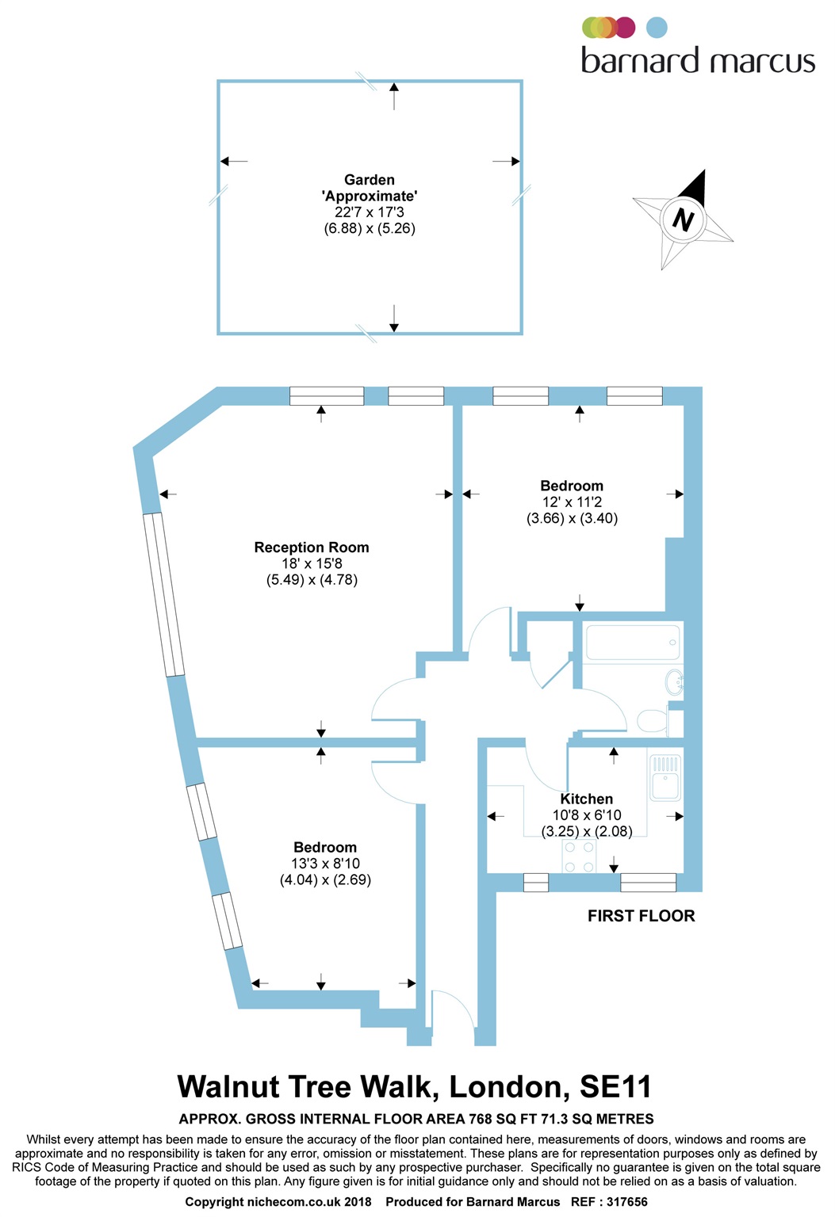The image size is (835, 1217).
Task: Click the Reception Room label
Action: [x=312, y=547]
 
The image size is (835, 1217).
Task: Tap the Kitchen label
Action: [x=586, y=799]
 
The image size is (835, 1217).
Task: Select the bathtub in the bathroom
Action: [x=632, y=642]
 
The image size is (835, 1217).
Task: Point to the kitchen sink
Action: [x=665, y=777]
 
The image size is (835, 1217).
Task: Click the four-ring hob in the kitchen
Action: [x=579, y=857]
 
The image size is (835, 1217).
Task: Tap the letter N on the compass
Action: [x=683, y=219]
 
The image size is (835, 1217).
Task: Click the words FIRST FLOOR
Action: [x=641, y=916]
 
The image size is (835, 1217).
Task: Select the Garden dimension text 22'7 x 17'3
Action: [x=370, y=212]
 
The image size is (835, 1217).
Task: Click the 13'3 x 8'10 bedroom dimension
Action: [x=325, y=864]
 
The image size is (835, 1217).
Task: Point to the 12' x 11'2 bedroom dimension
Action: [x=572, y=502]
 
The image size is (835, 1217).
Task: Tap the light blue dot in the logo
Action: [x=657, y=28]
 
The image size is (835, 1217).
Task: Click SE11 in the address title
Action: [x=615, y=1087]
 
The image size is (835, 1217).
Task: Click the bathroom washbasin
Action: [x=674, y=681]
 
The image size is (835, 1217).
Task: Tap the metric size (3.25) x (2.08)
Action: [x=587, y=831]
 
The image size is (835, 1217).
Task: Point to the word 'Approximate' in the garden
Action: [x=370, y=196]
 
